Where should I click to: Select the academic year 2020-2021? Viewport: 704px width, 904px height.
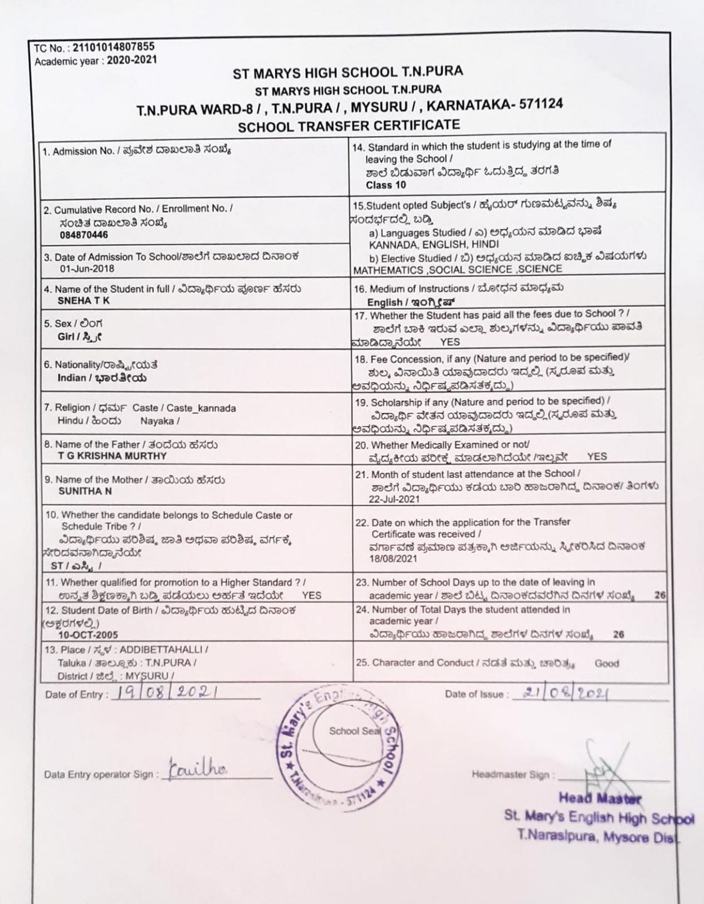tap(133, 60)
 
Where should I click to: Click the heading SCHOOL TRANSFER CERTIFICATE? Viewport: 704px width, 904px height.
tap(349, 125)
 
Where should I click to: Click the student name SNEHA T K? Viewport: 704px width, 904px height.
tap(83, 301)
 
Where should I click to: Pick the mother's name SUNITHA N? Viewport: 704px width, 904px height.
tap(85, 491)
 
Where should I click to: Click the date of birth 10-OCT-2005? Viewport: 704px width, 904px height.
tap(88, 635)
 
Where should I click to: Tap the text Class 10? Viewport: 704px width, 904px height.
tap(385, 185)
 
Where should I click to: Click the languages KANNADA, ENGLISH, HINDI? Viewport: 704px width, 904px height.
tap(434, 244)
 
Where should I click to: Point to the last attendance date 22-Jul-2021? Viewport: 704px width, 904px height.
tap(394, 499)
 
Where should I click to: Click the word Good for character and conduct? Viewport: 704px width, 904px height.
tap(606, 663)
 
